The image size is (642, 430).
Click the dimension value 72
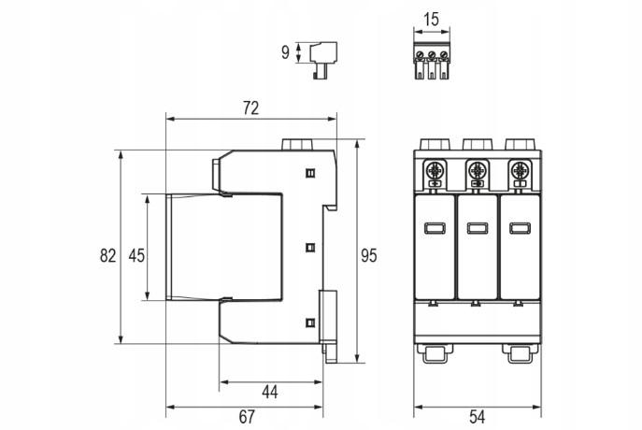pyautogui.click(x=251, y=108)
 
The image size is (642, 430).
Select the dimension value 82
pyautogui.click(x=108, y=255)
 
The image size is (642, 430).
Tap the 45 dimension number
pyautogui.click(x=136, y=255)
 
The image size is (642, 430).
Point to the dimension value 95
pyautogui.click(x=368, y=255)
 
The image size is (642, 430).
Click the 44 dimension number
pyautogui.click(x=270, y=392)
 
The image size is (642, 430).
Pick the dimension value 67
pyautogui.click(x=247, y=417)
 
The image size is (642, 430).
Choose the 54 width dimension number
pyautogui.click(x=478, y=417)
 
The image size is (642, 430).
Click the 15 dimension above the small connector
pyautogui.click(x=432, y=20)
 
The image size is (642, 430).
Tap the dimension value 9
pyautogui.click(x=285, y=52)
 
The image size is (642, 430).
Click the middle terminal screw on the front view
pyautogui.click(x=477, y=169)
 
